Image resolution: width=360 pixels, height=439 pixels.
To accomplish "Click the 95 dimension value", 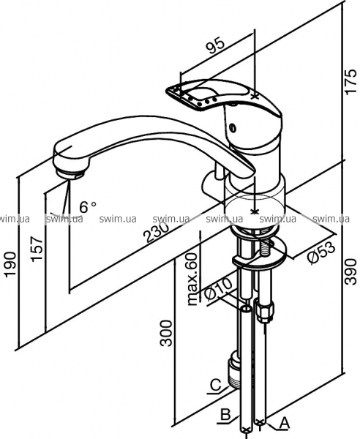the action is (216, 46).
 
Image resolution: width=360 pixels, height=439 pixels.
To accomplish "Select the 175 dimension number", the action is (350, 81).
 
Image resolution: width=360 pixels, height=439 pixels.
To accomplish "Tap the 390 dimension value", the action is (350, 271).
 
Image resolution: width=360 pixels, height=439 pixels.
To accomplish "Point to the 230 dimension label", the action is (156, 231).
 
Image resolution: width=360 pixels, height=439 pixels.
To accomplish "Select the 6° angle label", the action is (88, 207).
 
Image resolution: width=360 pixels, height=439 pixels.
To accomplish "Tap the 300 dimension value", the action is (166, 333).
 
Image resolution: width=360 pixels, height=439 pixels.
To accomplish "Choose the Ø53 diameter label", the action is (321, 252).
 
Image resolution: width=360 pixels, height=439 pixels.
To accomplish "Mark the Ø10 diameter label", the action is (219, 289).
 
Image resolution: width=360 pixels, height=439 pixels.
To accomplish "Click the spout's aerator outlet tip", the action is (70, 173).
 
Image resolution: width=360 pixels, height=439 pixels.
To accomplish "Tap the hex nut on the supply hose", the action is (264, 311).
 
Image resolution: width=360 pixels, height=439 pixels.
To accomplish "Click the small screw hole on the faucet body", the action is (232, 128).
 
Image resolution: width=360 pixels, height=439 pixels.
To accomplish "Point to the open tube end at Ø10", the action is (246, 309).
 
